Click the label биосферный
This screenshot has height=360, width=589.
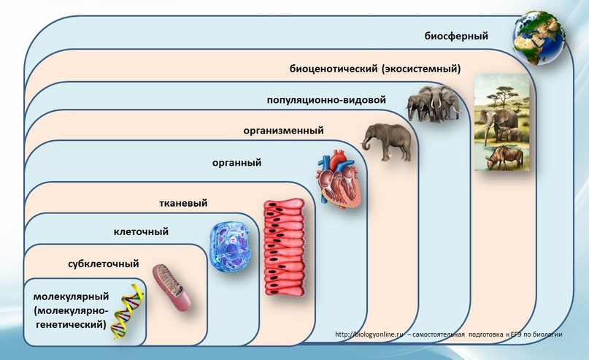coord(456,36)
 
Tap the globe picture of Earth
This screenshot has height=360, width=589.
coord(539,37)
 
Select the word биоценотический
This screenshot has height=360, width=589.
coord(334,69)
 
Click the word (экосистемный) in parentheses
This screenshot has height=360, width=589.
coord(421,69)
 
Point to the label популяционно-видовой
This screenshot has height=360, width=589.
coord(326,100)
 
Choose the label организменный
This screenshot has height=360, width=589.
coord(284,131)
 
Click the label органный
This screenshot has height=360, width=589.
coord(236,163)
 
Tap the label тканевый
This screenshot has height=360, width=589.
coord(183,203)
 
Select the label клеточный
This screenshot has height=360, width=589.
coord(141,231)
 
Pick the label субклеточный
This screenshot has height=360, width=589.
coord(104,264)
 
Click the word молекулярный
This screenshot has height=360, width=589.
coord(71,296)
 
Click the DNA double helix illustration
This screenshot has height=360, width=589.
coord(128,312)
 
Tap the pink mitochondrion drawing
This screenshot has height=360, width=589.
coord(172,288)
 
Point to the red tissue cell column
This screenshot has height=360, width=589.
coord(284,248)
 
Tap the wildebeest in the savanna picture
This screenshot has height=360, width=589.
coord(504,158)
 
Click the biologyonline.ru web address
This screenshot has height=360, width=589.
coord(369,334)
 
